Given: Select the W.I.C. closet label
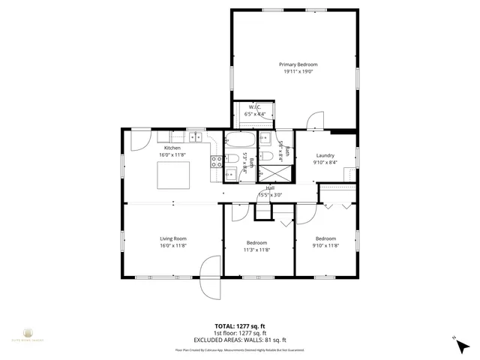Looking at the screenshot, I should [x=255, y=106].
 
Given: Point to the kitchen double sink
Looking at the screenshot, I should [x=196, y=136].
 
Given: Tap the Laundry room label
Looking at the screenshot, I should [x=324, y=155].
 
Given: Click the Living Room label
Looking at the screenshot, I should [x=172, y=238].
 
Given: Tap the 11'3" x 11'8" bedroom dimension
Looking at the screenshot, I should [x=256, y=250].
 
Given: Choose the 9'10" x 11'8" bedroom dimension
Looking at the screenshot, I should [x=325, y=246].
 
